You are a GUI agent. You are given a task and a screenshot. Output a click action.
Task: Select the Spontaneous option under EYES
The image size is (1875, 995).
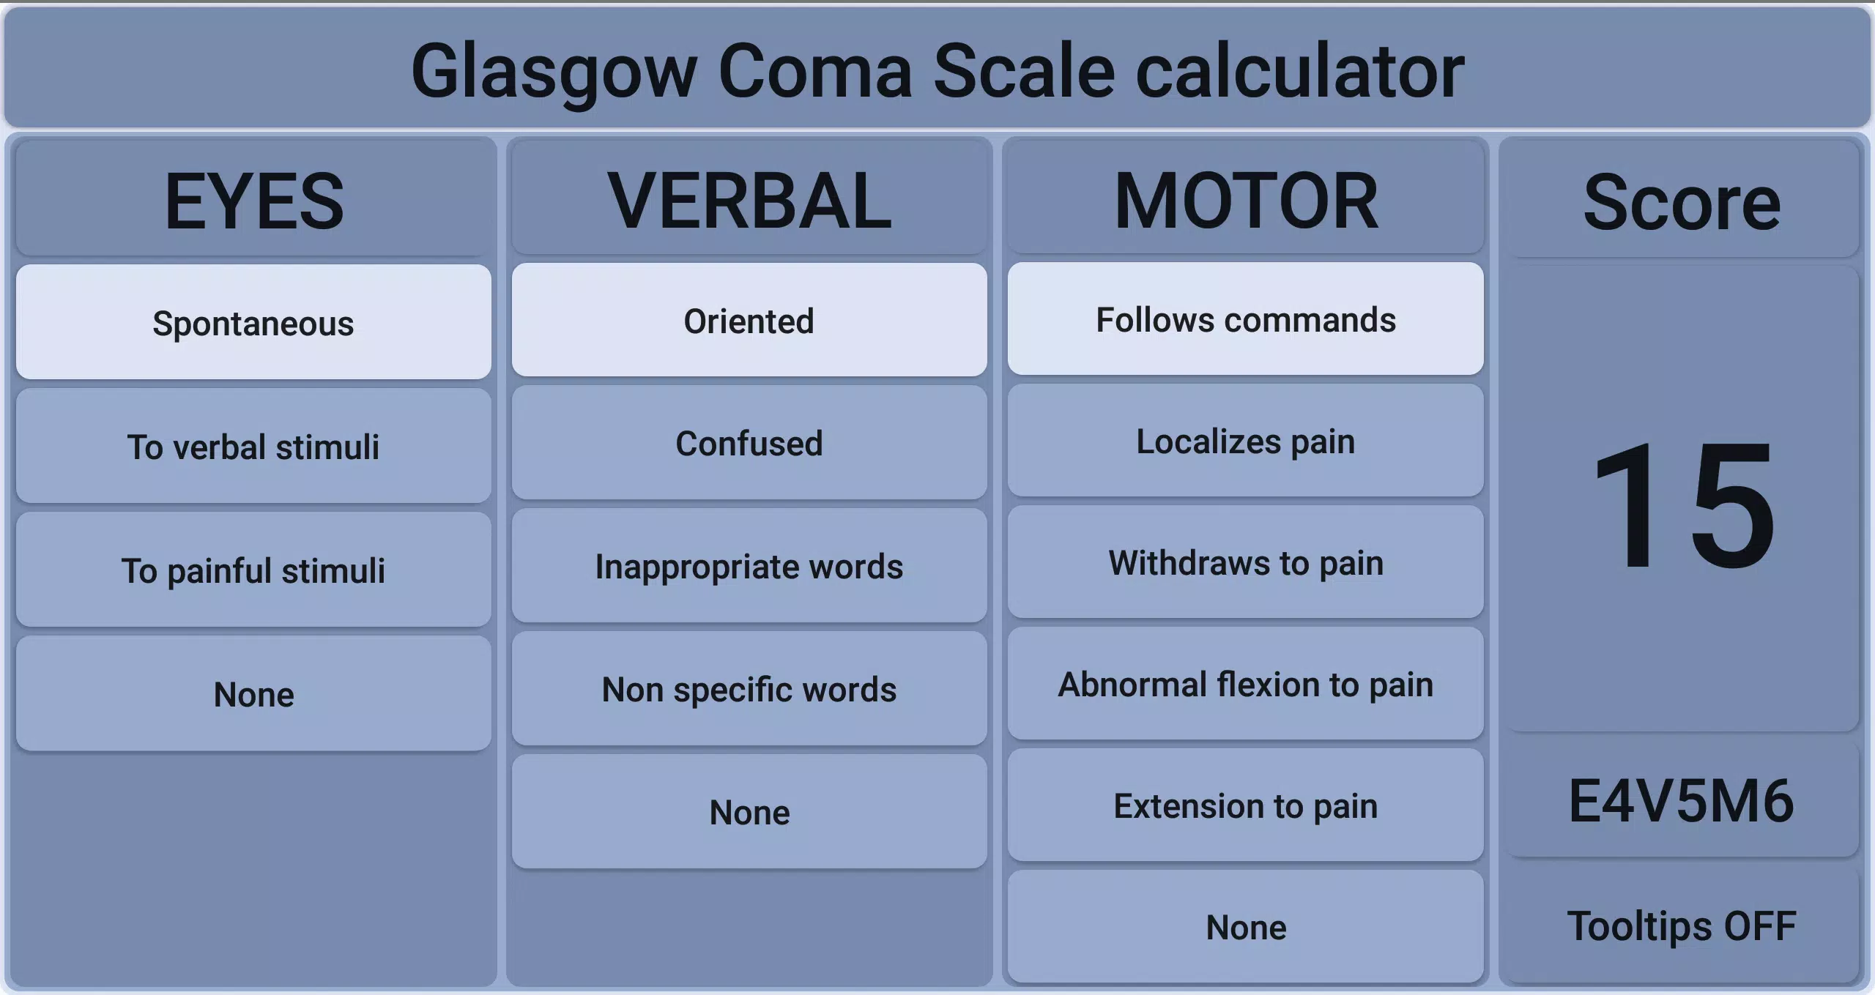coord(253,322)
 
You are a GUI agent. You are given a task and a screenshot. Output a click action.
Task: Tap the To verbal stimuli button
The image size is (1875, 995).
coord(253,446)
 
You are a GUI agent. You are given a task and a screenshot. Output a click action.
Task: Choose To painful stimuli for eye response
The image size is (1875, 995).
coord(253,570)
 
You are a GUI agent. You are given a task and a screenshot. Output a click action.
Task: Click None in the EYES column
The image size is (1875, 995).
coord(253,693)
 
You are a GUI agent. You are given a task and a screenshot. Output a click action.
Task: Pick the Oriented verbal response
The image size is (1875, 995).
coord(749,321)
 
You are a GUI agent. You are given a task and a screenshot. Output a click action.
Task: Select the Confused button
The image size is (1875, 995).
coord(749,443)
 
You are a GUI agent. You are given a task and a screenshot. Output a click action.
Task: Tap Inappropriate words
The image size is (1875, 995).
coord(749,566)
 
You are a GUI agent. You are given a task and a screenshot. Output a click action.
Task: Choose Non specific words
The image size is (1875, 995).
coord(749,689)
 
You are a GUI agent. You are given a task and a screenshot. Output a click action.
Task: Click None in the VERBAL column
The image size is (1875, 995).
coord(749,812)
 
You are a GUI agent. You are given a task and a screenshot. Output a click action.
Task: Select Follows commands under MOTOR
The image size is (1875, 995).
coord(1245,319)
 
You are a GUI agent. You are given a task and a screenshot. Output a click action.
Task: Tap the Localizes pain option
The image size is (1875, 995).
coord(1245,441)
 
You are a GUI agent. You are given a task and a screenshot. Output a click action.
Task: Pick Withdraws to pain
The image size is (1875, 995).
coord(1245,562)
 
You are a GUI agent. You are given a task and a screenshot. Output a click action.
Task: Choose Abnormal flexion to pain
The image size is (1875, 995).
coord(1245,684)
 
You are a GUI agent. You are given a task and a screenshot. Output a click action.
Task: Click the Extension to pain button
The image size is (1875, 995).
coord(1245,805)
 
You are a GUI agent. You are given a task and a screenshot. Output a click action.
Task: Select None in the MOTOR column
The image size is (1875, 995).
coord(1245,927)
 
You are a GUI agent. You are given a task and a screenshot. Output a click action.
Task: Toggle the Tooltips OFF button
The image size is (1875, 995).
coord(1681,925)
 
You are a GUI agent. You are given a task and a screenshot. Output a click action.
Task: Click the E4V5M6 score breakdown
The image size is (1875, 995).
coord(1681,801)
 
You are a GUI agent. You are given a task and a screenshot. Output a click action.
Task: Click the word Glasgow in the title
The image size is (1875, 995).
coord(553,72)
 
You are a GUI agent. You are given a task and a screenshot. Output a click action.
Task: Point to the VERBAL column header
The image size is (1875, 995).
coord(749,201)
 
